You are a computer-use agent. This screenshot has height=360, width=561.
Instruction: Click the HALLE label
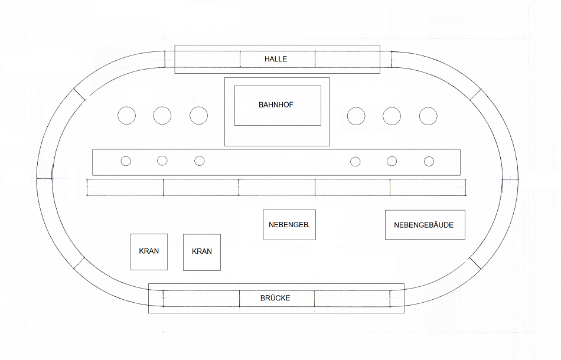point(276,59)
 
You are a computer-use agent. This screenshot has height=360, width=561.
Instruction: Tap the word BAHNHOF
point(276,104)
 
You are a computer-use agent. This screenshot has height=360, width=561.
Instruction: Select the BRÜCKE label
point(275,298)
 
